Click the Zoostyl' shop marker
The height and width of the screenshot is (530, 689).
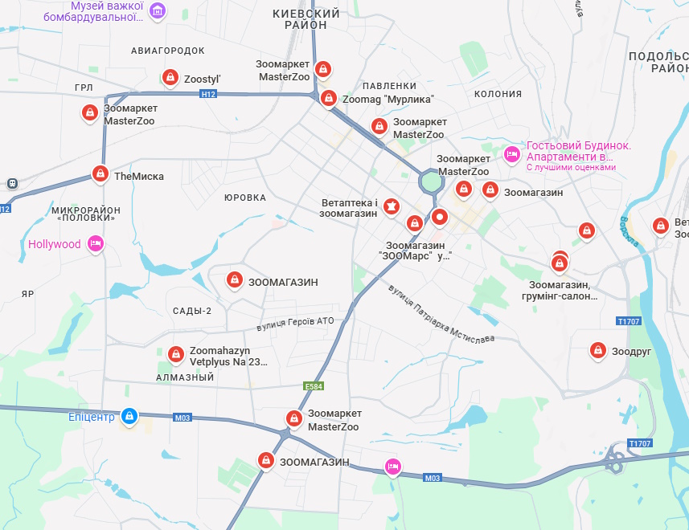[x=170, y=77]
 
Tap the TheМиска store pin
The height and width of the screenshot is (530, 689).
[x=100, y=173]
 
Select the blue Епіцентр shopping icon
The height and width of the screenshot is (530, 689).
[x=129, y=416]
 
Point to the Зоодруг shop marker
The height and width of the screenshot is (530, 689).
[x=597, y=350]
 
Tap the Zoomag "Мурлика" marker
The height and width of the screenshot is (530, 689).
[x=328, y=98]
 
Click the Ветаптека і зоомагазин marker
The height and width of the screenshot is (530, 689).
[x=392, y=207]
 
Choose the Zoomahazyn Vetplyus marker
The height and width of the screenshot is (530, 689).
[x=176, y=353]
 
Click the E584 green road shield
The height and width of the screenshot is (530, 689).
[x=314, y=386]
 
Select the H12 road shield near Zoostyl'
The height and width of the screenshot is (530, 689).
[x=208, y=94]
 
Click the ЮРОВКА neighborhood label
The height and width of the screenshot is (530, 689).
[x=244, y=198]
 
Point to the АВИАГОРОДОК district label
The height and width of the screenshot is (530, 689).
[x=168, y=51]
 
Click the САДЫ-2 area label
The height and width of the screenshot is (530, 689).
[x=192, y=311]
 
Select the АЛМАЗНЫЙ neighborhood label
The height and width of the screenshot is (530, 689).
[x=185, y=377]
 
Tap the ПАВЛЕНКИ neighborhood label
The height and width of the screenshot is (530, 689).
[x=389, y=86]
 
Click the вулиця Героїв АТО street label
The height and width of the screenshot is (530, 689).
[x=295, y=322]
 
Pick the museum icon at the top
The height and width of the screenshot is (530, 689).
[x=158, y=10]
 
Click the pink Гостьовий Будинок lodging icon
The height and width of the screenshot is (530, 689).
[x=511, y=153]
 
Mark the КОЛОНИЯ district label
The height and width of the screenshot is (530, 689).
[x=498, y=94]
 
